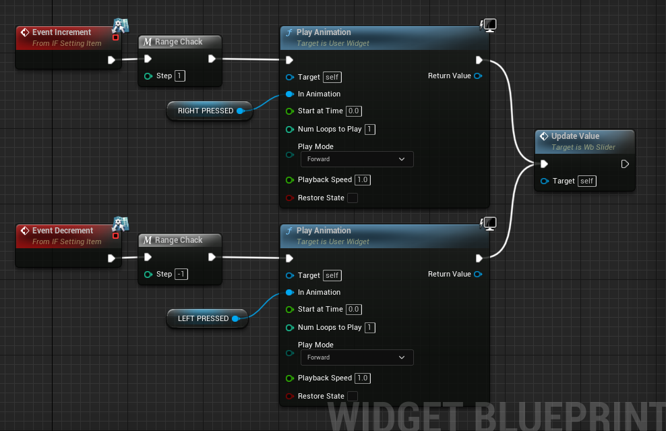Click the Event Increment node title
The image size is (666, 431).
tap(61, 32)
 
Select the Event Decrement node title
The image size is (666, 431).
tap(63, 231)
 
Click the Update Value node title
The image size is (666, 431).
tap(575, 136)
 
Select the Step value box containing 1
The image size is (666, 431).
tap(180, 76)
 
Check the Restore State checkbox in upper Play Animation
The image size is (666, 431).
tap(352, 198)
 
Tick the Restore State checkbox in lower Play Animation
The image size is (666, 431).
tap(352, 397)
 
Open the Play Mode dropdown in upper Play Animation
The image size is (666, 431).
tap(357, 159)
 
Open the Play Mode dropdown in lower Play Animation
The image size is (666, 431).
tap(357, 357)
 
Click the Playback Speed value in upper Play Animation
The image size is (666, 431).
tap(363, 180)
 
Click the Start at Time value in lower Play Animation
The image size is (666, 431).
tap(354, 310)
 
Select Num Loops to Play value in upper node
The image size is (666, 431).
tap(370, 130)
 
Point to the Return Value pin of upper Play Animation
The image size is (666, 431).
tap(478, 76)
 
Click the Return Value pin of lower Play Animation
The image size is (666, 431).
tap(478, 275)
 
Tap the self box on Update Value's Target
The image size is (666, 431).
tap(587, 181)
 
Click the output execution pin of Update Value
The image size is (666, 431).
tap(625, 164)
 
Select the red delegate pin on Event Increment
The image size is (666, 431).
tap(115, 37)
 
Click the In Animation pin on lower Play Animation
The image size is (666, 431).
tap(290, 293)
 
